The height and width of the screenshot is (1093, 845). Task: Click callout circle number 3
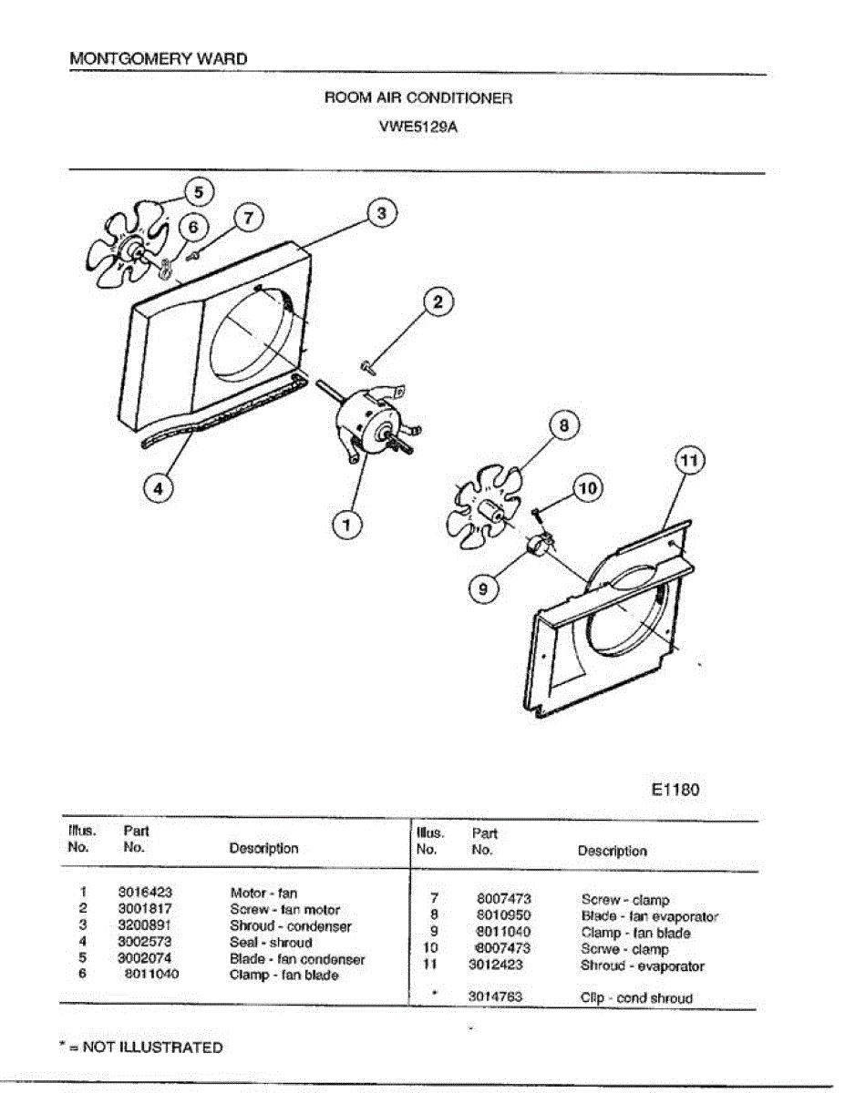[x=382, y=213]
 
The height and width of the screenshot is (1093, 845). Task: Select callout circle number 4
[x=159, y=488]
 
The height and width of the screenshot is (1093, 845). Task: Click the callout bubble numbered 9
[x=483, y=589]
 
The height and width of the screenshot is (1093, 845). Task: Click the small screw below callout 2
[x=369, y=366]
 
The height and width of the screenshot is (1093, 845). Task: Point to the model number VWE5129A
[x=417, y=128]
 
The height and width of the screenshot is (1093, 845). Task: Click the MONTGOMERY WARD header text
[x=158, y=59]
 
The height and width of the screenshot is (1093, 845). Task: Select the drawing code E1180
[x=675, y=790]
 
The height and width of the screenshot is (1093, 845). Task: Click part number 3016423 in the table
[x=145, y=893]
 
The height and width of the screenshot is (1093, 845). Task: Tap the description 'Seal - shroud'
[x=270, y=943]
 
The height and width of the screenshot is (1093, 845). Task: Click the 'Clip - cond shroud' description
[x=636, y=998]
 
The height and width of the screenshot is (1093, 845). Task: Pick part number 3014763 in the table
[x=495, y=997]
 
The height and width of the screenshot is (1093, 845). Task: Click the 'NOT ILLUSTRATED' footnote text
[x=151, y=1047]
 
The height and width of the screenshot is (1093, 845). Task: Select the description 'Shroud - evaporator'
[x=642, y=965]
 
